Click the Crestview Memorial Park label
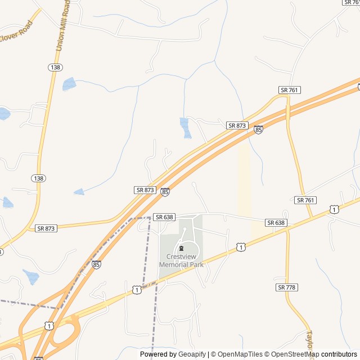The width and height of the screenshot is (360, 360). pyautogui.click(x=181, y=260)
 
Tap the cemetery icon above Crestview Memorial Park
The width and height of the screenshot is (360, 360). pyautogui.click(x=181, y=248)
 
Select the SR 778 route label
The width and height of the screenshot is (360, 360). pyautogui.click(x=286, y=287)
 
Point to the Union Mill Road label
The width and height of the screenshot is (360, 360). pyautogui.click(x=63, y=25)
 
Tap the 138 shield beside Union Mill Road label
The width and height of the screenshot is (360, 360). pyautogui.click(x=55, y=67)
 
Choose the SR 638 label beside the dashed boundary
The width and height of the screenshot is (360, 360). pyautogui.click(x=164, y=217)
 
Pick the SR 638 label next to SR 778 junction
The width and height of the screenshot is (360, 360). pyautogui.click(x=276, y=223)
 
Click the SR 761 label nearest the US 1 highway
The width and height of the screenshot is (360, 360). pyautogui.click(x=305, y=200)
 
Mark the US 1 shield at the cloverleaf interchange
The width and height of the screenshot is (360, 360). pyautogui.click(x=49, y=326)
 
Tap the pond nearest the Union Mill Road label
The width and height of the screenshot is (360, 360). pyautogui.click(x=69, y=84)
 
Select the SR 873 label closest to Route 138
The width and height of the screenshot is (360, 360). pyautogui.click(x=46, y=228)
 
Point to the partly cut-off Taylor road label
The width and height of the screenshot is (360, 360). pyautogui.click(x=308, y=340)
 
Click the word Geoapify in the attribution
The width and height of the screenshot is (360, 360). pyautogui.click(x=192, y=354)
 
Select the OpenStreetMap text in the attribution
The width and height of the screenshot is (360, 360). pyautogui.click(x=293, y=354)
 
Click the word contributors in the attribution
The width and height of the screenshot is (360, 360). pyautogui.click(x=339, y=354)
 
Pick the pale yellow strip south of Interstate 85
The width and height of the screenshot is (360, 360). pyautogui.click(x=244, y=180)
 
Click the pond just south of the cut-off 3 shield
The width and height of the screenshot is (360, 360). pyautogui.click(x=31, y=276)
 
